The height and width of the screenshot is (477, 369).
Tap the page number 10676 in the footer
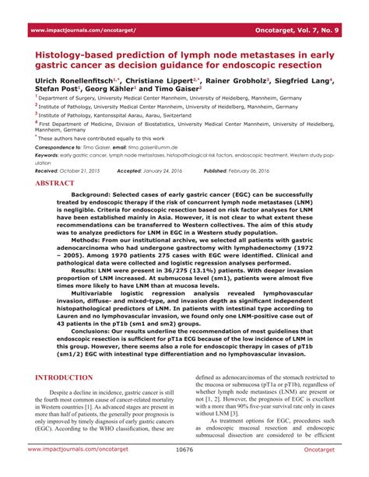click(x=184, y=471)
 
